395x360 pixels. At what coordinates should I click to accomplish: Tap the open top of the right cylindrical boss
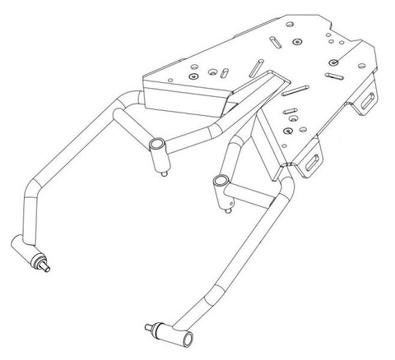pos(220,178)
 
